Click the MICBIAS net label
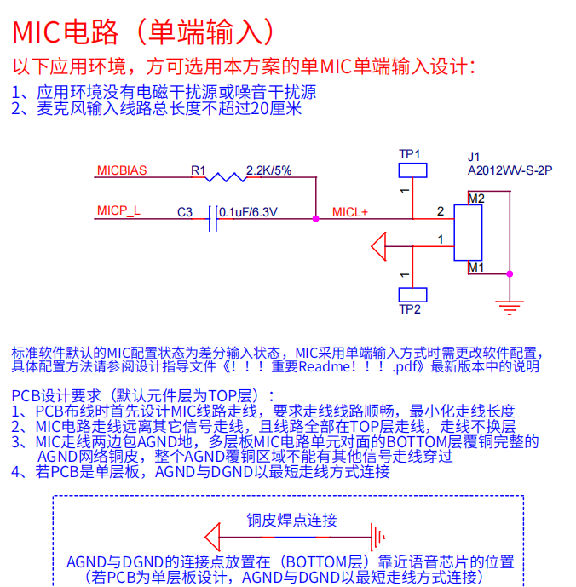122,170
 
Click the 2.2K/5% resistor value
268,170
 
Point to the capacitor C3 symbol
213,219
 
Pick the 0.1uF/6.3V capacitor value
248,211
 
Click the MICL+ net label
350,211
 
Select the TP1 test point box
411,170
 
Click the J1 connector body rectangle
468,233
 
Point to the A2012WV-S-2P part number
510,170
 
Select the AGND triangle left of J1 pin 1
380,247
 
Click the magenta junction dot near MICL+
316,219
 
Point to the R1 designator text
199,170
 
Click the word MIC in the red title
34,32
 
